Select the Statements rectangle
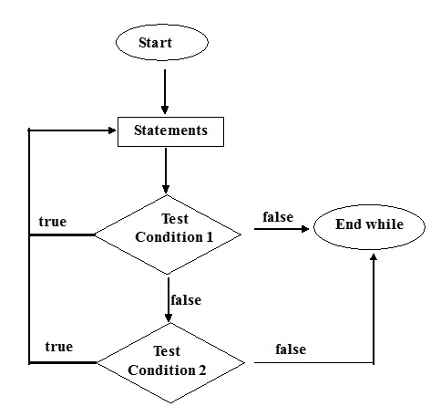point(169,130)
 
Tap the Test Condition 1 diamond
point(169,228)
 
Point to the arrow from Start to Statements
point(165,89)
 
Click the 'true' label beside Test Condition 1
point(52,222)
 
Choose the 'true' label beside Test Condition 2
point(58,347)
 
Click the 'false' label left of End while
point(277,216)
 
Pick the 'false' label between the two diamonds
point(187,299)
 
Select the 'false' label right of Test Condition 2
point(290,349)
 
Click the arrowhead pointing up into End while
point(374,259)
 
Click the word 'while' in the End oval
point(385,224)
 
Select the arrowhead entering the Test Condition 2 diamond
point(169,318)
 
